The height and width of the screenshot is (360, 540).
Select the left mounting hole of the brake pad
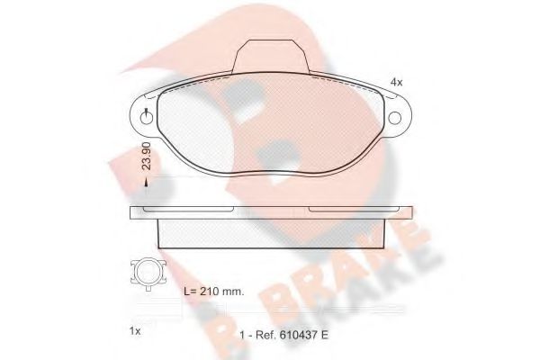[146, 115]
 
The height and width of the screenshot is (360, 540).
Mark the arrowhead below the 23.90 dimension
[148, 184]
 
